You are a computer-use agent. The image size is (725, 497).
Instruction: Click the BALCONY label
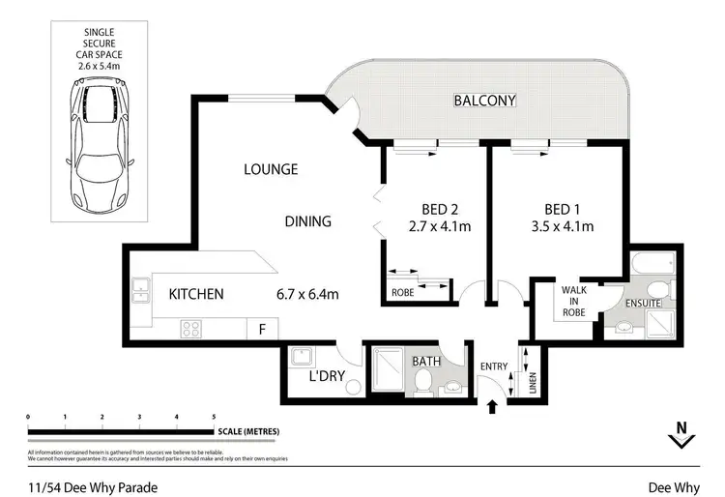[x=485, y=101]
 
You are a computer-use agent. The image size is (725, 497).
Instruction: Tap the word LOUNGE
[x=270, y=169]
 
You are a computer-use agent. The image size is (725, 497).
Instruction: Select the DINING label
[x=307, y=221]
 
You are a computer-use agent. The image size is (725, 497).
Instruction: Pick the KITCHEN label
[x=196, y=294]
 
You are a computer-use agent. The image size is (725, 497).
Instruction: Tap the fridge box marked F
[x=261, y=329]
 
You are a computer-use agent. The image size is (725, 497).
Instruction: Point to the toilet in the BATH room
[x=422, y=385]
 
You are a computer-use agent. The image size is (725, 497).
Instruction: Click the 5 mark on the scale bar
[x=213, y=417]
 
